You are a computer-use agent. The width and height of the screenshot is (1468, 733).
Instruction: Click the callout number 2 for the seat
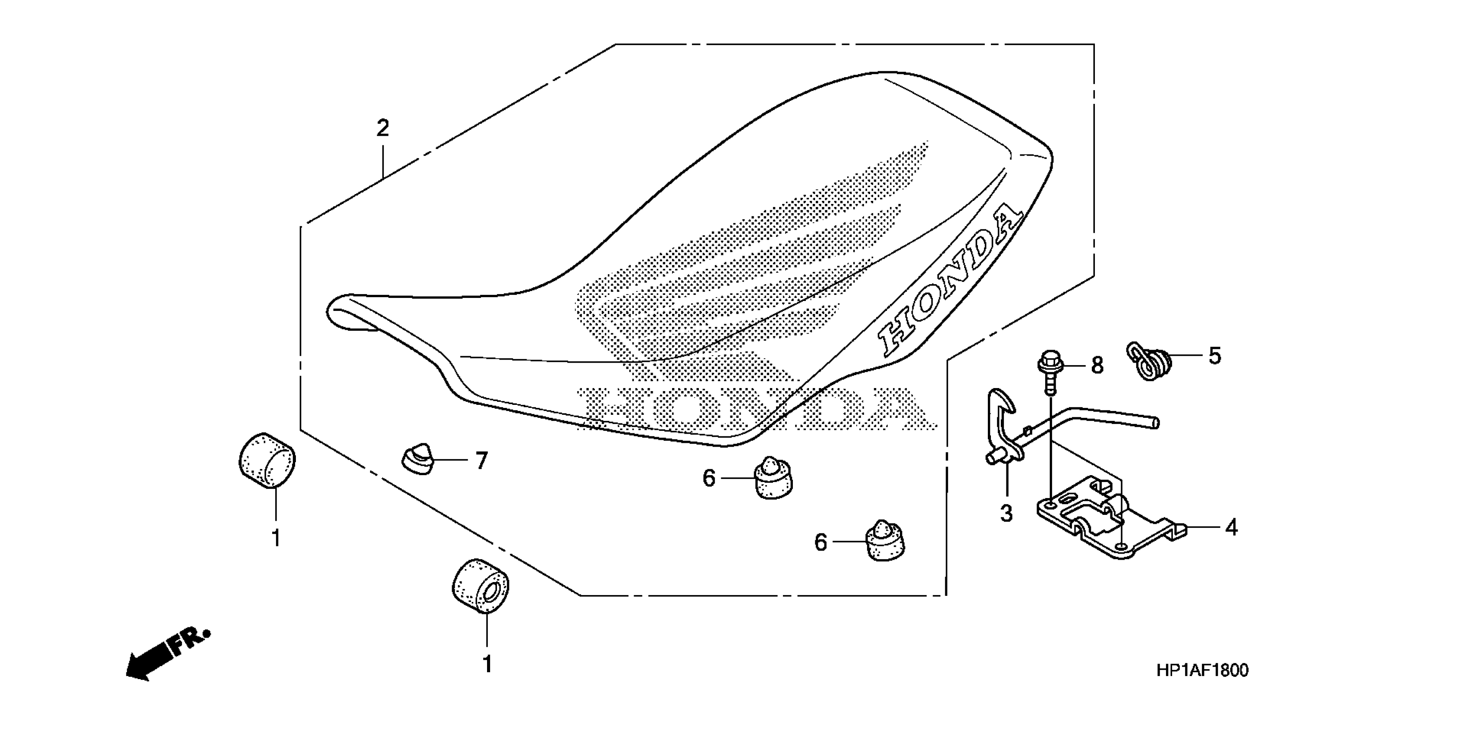click(382, 128)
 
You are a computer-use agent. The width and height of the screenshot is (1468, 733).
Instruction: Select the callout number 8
click(1097, 366)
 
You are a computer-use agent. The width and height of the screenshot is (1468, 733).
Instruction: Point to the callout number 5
click(1214, 356)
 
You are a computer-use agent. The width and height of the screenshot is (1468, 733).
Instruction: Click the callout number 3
click(1006, 513)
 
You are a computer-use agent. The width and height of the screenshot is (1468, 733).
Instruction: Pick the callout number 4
click(1231, 527)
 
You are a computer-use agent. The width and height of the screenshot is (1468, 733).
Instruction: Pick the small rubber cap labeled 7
click(417, 458)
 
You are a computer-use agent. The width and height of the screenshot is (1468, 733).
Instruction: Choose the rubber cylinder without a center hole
click(267, 461)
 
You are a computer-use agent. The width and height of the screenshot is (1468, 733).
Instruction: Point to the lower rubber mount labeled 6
click(885, 541)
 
